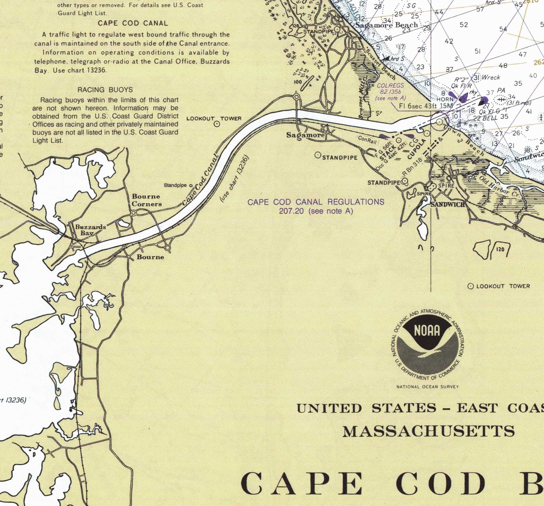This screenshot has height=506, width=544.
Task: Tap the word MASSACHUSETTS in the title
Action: (x=429, y=432)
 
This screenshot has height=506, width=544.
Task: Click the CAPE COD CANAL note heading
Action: (x=133, y=23)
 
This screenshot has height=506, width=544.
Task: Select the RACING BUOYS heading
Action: (x=105, y=90)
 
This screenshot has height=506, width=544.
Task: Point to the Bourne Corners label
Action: (x=147, y=200)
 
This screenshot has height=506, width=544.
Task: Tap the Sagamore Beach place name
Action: (x=386, y=25)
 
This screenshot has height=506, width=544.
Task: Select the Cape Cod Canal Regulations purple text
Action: (x=316, y=206)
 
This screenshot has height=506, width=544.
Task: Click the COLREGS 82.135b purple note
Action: (x=391, y=91)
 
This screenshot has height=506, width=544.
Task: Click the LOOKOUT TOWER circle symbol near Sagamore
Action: (x=217, y=124)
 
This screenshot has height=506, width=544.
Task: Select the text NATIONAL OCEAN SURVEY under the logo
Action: (x=427, y=387)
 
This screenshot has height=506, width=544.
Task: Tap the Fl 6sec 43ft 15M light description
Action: (x=426, y=106)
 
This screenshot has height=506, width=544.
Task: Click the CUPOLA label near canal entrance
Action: (x=417, y=148)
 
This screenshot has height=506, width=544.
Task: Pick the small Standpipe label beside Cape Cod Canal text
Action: (x=175, y=185)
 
